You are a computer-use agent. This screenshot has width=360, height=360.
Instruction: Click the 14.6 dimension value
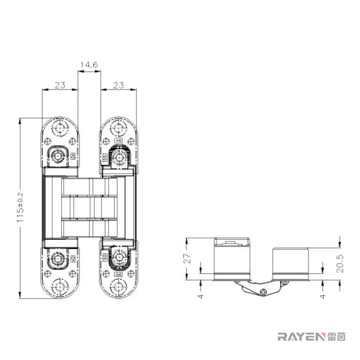click(89, 65)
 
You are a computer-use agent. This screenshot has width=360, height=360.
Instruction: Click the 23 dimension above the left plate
click(60, 85)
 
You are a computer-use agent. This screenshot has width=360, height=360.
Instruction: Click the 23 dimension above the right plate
click(119, 85)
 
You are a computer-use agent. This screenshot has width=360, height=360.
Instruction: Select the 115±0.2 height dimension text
click(20, 207)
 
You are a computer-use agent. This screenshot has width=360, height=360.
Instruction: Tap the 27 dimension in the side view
click(188, 258)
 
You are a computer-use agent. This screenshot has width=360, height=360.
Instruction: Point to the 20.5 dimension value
click(340, 263)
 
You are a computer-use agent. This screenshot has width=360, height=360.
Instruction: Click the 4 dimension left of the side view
click(201, 296)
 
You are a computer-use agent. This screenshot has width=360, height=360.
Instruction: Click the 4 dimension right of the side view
click(323, 296)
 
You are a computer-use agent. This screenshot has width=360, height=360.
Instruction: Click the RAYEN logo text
click(301, 336)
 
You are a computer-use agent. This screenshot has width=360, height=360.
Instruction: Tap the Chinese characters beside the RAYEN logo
click(336, 336)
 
